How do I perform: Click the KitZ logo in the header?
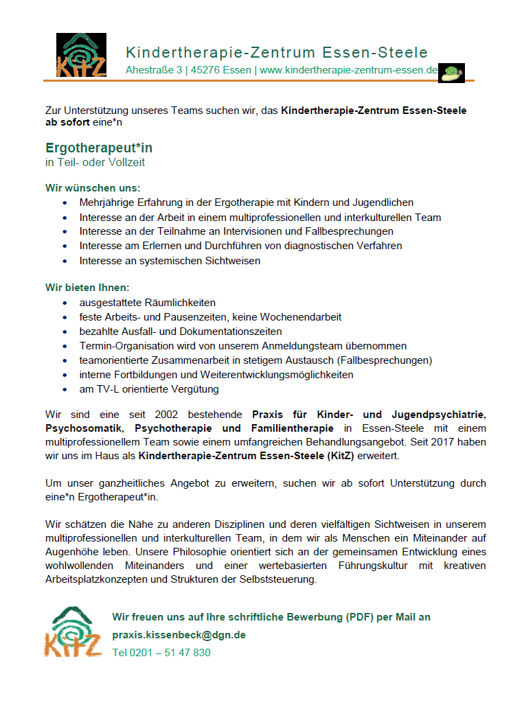[81, 55]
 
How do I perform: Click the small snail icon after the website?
[451, 72]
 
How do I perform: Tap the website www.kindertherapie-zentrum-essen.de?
[348, 70]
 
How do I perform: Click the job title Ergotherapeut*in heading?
[99, 148]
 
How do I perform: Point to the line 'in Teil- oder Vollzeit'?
[95, 163]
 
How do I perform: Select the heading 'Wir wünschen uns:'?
[93, 187]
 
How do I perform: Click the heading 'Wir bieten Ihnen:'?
[87, 287]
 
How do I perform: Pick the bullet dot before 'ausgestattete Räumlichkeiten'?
[65, 303]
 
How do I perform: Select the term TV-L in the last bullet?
[103, 389]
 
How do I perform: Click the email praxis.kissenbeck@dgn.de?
[179, 635]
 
